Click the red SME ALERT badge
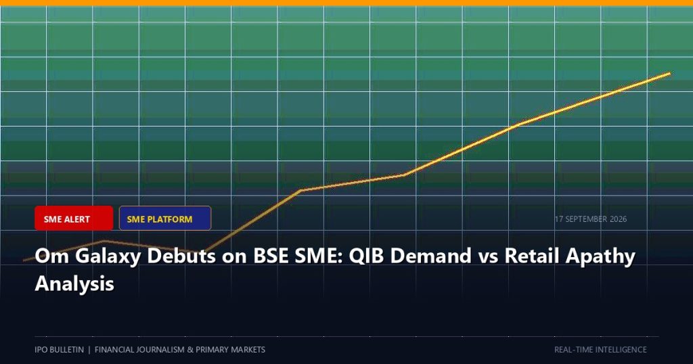click(x=74, y=219)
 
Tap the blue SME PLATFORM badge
click(x=165, y=219)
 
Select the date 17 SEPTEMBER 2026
click(x=591, y=219)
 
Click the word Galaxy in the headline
click(x=107, y=256)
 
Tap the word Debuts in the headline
click(x=181, y=256)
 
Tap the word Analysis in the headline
click(x=74, y=284)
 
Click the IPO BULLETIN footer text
click(x=60, y=349)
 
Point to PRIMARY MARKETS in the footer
click(x=230, y=349)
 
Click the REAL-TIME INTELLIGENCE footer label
click(x=601, y=349)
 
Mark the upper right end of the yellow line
click(x=669, y=73)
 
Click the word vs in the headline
click(x=488, y=258)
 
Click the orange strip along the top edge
click(x=346, y=3)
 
